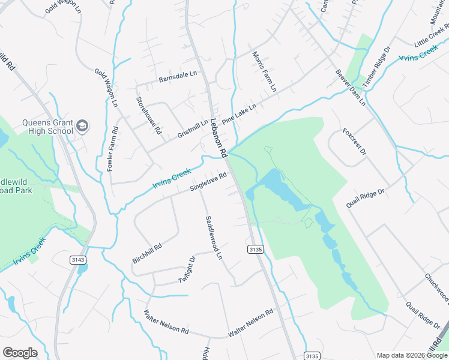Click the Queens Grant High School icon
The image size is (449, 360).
pyautogui.click(x=82, y=126)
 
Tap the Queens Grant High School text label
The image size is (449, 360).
pyautogui.click(x=47, y=127)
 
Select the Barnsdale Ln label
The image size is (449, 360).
pyautogui.click(x=178, y=77)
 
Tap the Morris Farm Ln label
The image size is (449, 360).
pyautogui.click(x=265, y=71)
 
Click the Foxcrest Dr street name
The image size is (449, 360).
pyautogui.click(x=354, y=142)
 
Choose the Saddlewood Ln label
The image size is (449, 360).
pyautogui.click(x=214, y=238)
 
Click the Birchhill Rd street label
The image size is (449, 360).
pyautogui.click(x=148, y=253)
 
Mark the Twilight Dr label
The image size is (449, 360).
pyautogui.click(x=187, y=271)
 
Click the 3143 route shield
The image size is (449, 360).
pyautogui.click(x=77, y=259)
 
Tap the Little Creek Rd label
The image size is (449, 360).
pyautogui.click(x=431, y=37)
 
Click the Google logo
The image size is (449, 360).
pyautogui.click(x=20, y=353)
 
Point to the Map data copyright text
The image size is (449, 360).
pyautogui.click(x=412, y=355)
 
